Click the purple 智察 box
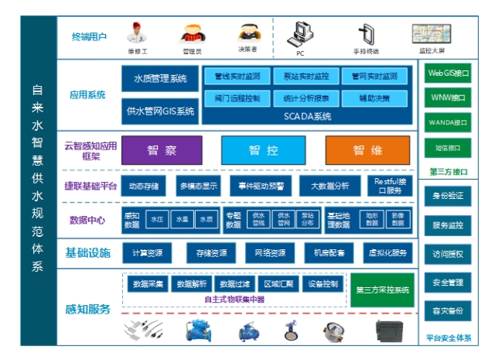coord(162,149)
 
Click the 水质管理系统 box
coord(160,78)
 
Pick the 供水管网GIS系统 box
coord(160,111)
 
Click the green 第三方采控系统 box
coord(382,290)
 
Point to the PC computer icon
coord(300,34)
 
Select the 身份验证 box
coord(448,196)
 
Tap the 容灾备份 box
coord(448,310)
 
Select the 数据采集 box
coord(148,284)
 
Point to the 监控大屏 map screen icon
coord(432,33)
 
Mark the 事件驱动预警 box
coord(261,186)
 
